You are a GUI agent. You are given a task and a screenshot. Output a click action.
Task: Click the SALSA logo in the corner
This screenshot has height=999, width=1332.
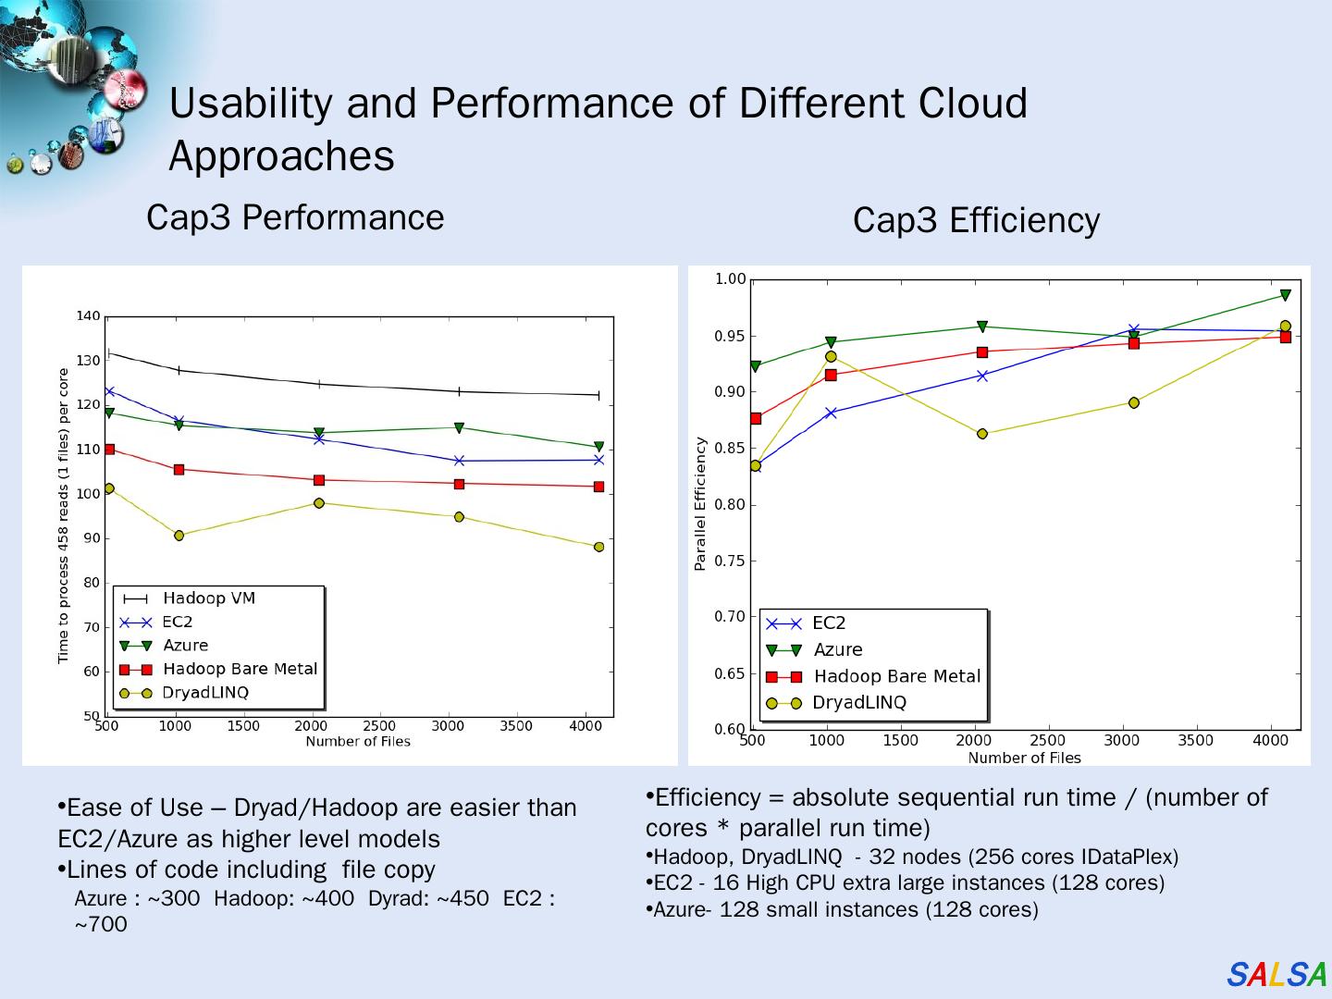coord(1276,974)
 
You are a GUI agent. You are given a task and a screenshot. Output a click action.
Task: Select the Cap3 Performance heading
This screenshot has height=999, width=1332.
coord(295,217)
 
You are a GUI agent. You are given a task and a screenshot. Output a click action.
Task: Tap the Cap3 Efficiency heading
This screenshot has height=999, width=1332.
coord(976,220)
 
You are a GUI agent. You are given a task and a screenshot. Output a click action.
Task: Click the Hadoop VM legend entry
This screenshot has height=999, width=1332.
coord(208,598)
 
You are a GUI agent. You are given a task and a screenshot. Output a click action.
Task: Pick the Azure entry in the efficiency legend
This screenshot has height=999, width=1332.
coord(837,650)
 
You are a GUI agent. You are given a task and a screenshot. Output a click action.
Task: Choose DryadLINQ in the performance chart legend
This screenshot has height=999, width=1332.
coord(205,693)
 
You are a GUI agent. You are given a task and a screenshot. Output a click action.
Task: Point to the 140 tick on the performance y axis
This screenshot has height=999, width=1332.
coord(88,316)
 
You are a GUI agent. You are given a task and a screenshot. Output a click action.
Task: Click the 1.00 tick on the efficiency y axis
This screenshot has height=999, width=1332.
coord(730,279)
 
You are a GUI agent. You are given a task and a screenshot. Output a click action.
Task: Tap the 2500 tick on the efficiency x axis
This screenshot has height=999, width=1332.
coord(1047,740)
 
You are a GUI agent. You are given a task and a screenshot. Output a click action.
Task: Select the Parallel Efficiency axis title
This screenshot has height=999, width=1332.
coord(700,504)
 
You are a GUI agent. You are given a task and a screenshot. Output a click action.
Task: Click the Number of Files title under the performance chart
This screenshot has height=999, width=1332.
coord(358,742)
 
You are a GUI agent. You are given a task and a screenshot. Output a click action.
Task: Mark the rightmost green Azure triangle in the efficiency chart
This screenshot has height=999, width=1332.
coord(1285,296)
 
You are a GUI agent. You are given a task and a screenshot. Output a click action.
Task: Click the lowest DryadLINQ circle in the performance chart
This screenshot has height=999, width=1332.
coord(598,547)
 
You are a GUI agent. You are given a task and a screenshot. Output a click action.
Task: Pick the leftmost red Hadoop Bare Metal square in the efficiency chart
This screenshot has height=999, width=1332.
coord(756,419)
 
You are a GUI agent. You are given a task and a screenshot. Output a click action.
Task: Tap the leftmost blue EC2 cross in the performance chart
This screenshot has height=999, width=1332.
coord(109,391)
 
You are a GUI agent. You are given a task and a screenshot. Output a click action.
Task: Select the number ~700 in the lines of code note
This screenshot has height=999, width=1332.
coord(101,924)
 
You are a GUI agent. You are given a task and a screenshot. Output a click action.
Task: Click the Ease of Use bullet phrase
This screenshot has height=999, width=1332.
coord(134,808)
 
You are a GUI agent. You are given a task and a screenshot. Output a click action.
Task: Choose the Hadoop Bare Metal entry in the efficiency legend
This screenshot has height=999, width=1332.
coord(896,676)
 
